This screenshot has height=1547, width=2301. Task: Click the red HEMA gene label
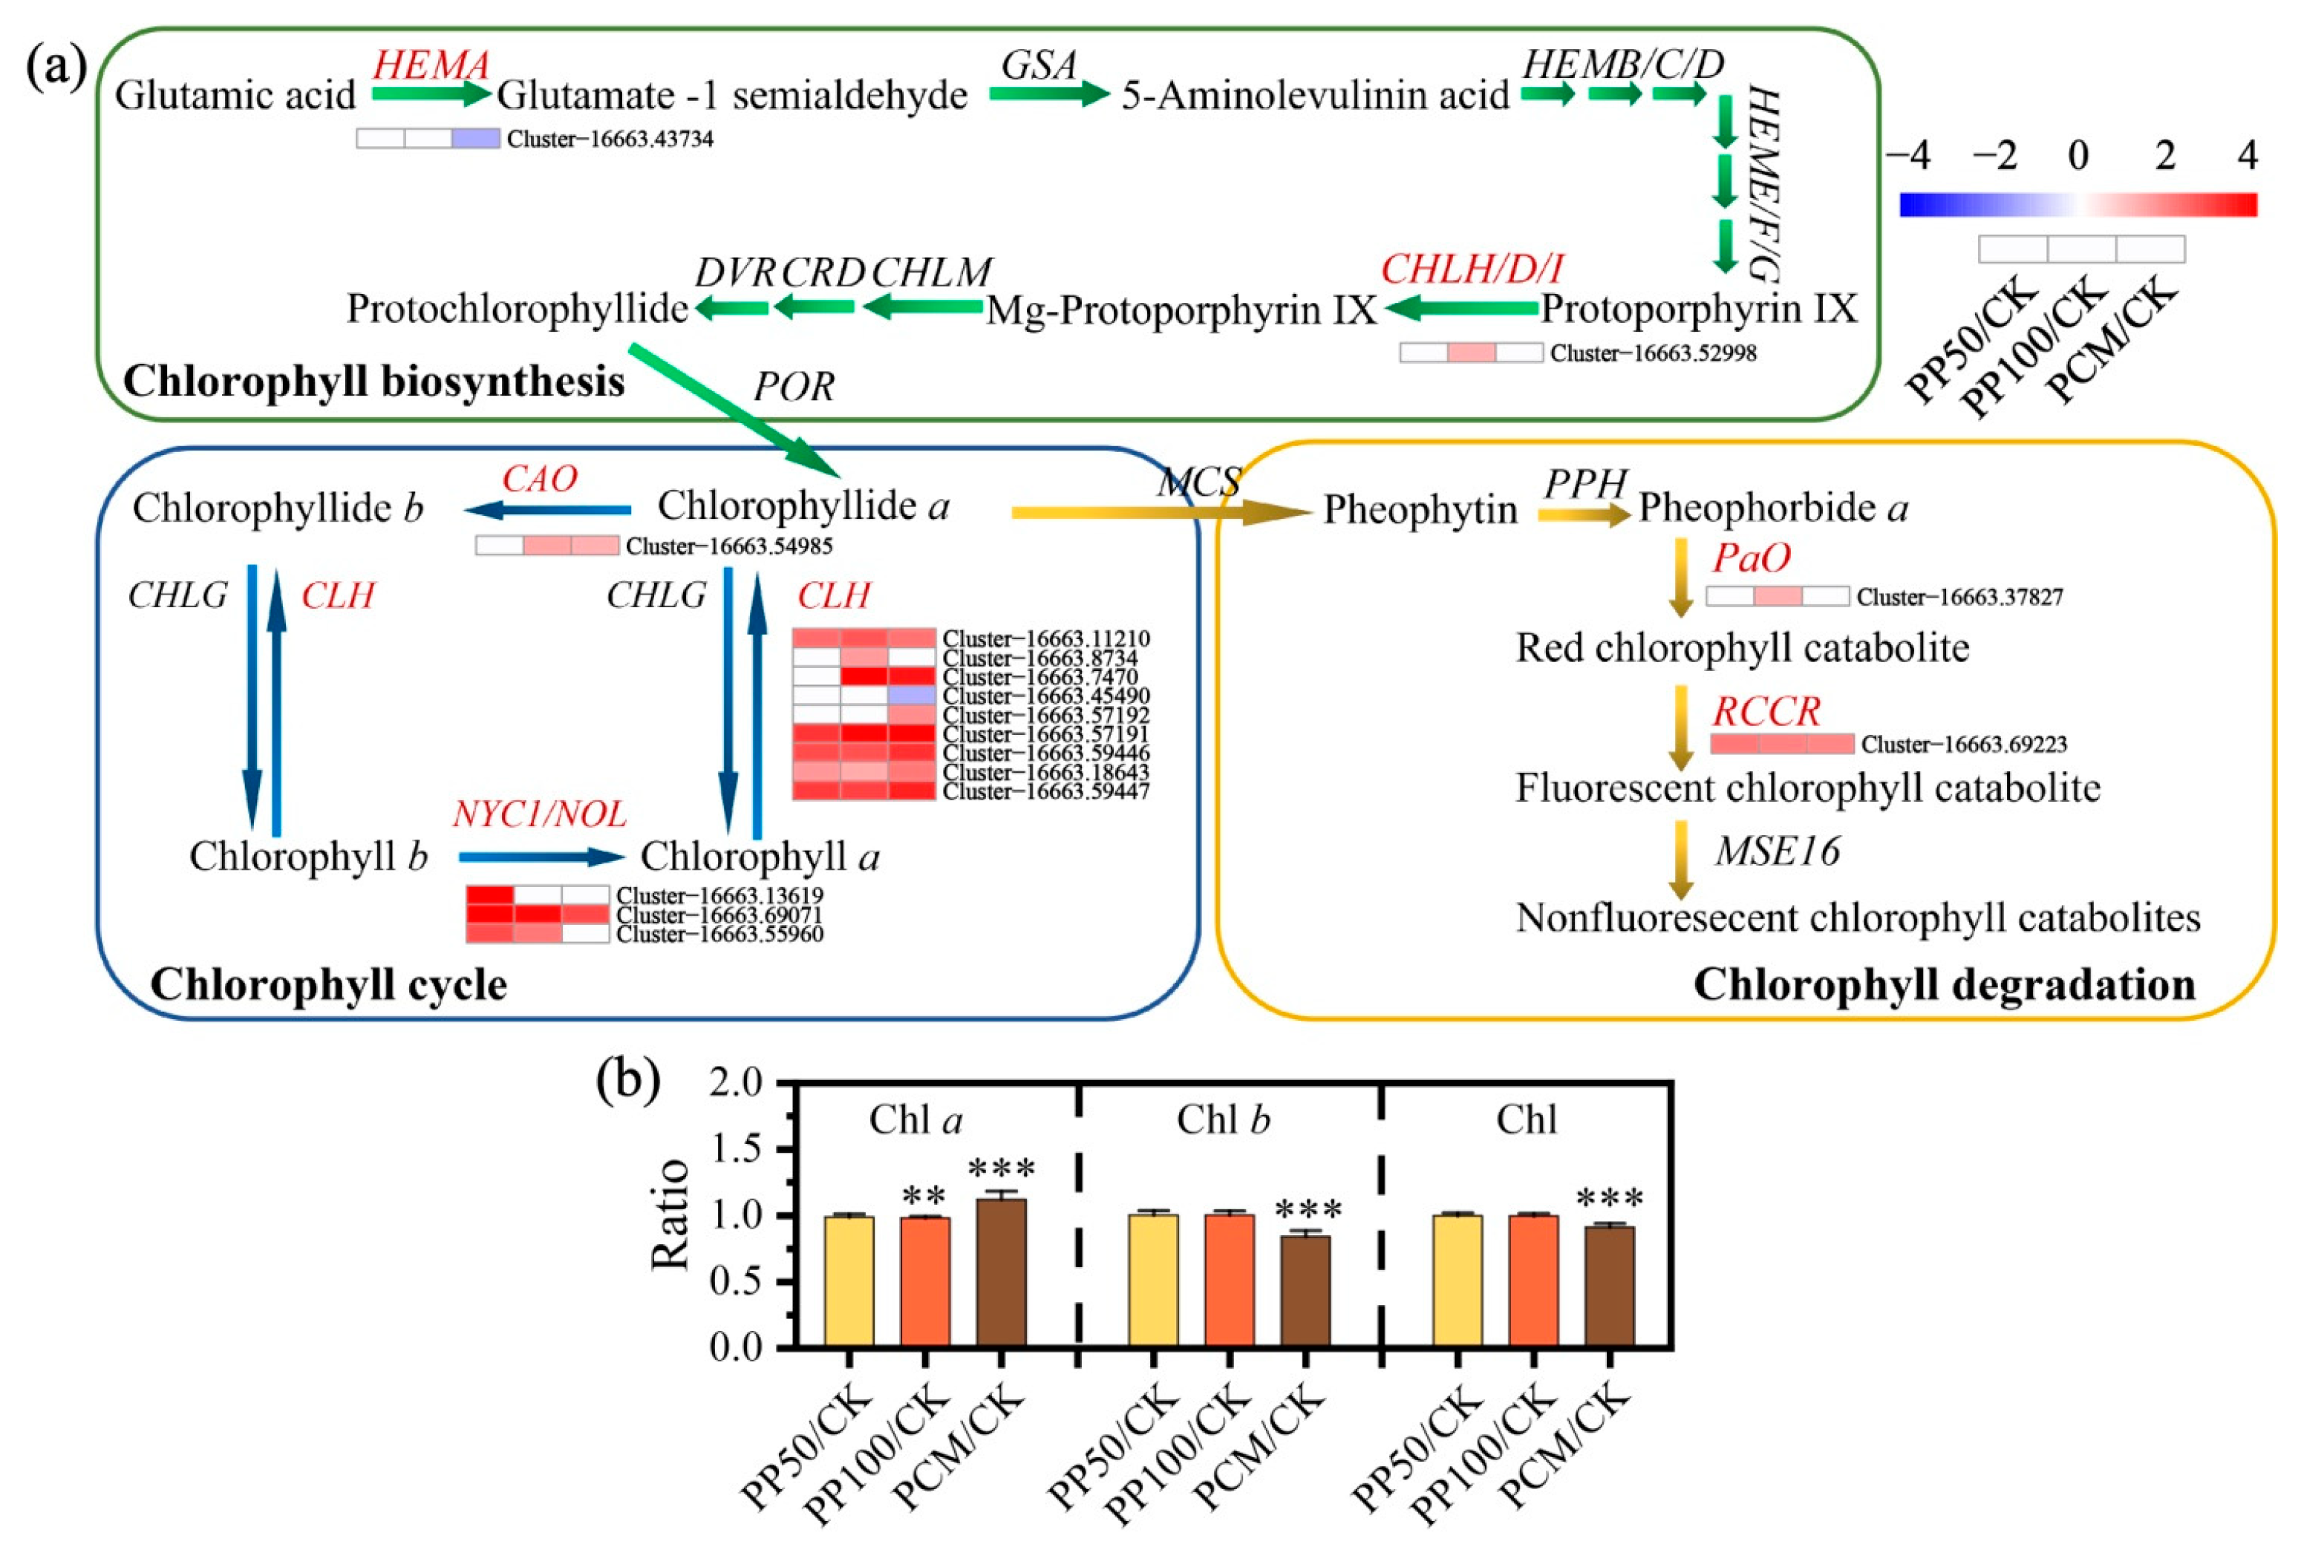pyautogui.click(x=430, y=65)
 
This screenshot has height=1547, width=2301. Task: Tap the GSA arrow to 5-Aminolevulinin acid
pyautogui.click(x=1049, y=94)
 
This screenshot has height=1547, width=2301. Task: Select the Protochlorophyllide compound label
pyautogui.click(x=517, y=309)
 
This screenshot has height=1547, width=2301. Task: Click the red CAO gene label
pyautogui.click(x=539, y=479)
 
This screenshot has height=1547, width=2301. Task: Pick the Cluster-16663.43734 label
pyautogui.click(x=610, y=139)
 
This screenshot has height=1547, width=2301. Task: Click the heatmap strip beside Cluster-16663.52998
pyautogui.click(x=1471, y=352)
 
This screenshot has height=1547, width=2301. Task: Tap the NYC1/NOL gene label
pyautogui.click(x=539, y=814)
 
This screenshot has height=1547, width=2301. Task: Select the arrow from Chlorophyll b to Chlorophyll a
pyautogui.click(x=541, y=857)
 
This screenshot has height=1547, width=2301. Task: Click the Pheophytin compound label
pyautogui.click(x=1420, y=510)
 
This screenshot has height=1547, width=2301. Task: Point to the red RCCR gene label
pyautogui.click(x=1765, y=711)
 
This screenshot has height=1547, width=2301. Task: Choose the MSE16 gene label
pyautogui.click(x=1777, y=851)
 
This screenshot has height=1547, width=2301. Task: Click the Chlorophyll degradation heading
pyautogui.click(x=1944, y=984)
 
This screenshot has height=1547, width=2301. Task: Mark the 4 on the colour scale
pyautogui.click(x=2247, y=156)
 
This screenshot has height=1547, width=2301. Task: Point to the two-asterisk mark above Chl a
pyautogui.click(x=924, y=1196)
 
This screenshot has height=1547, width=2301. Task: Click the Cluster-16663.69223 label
pyautogui.click(x=1964, y=744)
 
